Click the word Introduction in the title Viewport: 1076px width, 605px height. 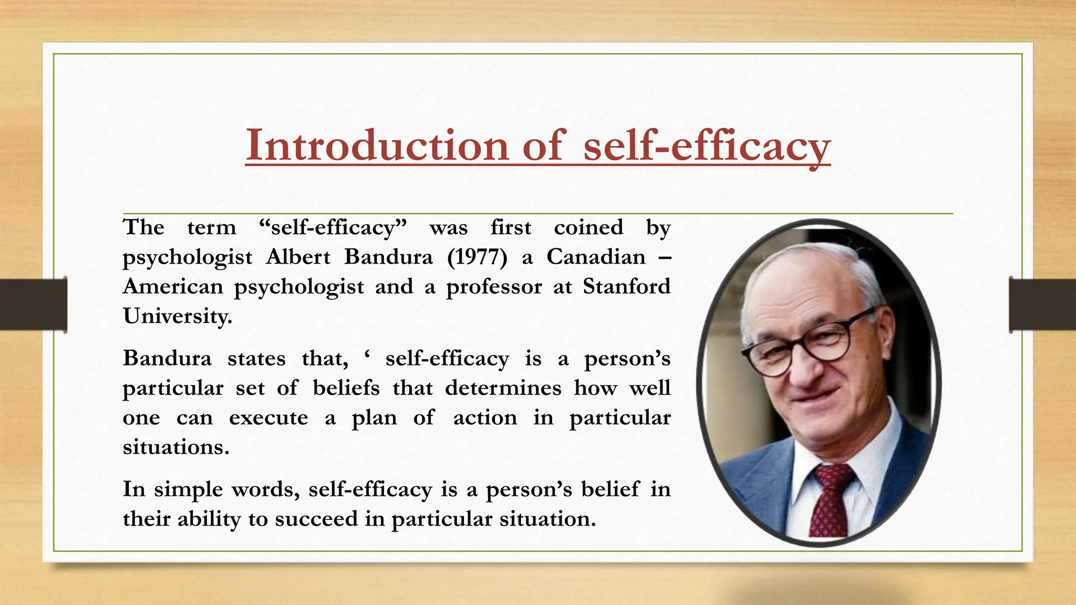click(377, 145)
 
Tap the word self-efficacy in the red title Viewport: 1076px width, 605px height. click(707, 146)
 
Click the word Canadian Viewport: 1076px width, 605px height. click(596, 257)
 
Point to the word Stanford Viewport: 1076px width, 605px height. click(626, 287)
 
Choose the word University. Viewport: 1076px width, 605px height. click(178, 316)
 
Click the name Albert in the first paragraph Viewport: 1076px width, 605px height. click(298, 257)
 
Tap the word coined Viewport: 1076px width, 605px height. click(588, 228)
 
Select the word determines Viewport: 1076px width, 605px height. click(503, 388)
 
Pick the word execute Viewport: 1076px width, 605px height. click(268, 418)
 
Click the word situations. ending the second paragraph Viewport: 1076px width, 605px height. click(176, 447)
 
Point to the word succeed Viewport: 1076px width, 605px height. click(309, 519)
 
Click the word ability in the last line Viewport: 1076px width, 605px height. click(209, 519)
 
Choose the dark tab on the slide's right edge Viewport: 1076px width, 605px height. click(1042, 305)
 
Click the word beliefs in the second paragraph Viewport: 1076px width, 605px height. click(346, 388)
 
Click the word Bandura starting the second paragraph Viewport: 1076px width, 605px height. click(167, 359)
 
